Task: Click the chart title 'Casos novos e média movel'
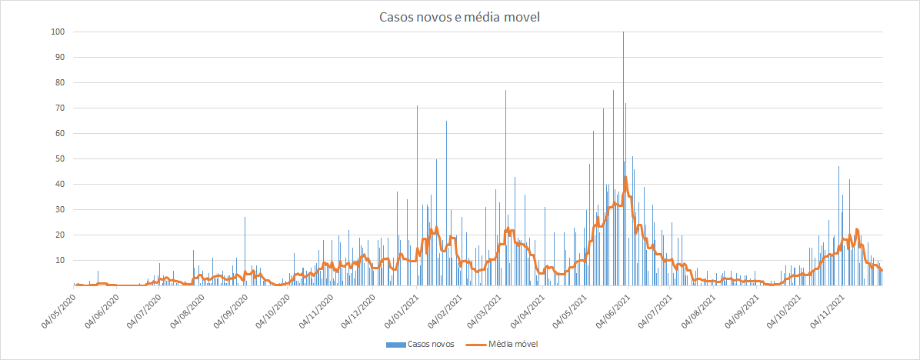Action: tap(459, 18)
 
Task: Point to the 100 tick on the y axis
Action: tap(58, 32)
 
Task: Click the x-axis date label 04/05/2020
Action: tap(59, 306)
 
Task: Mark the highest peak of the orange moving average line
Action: tap(625, 177)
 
